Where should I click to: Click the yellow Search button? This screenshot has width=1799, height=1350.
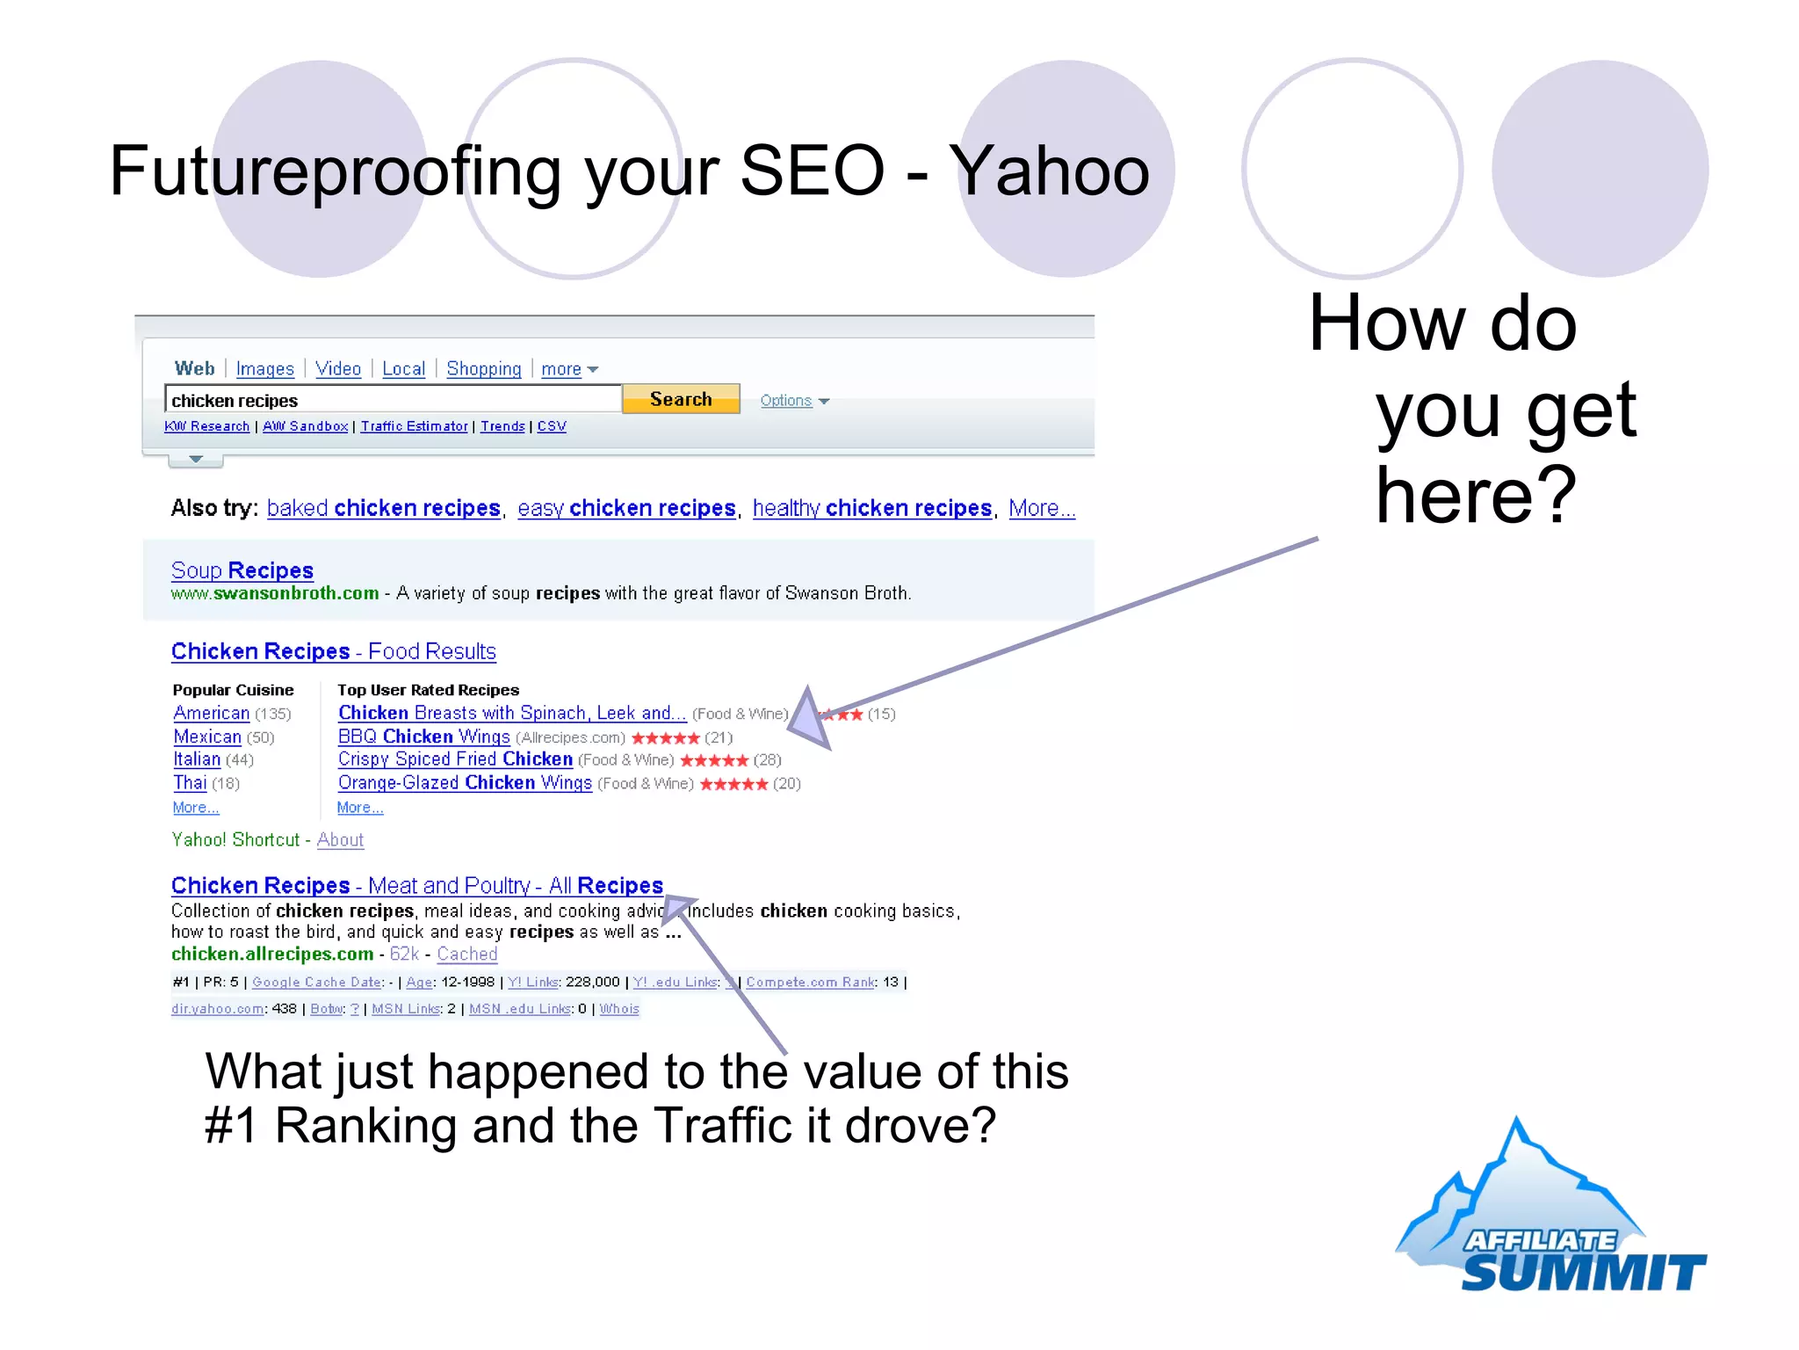(681, 399)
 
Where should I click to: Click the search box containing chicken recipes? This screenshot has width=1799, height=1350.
(393, 400)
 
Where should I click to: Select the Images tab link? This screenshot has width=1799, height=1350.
(264, 369)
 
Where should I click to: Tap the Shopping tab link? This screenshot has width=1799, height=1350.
(483, 369)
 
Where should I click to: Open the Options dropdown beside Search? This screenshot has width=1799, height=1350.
(793, 401)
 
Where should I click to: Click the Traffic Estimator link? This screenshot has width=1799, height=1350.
(414, 426)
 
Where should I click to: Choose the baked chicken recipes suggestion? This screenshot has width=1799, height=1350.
(383, 508)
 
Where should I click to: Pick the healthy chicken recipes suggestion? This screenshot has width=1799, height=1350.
(871, 508)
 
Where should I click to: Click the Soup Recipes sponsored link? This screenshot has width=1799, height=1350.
(242, 570)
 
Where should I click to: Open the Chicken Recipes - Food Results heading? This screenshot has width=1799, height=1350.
(334, 651)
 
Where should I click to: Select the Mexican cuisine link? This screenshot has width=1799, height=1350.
(207, 737)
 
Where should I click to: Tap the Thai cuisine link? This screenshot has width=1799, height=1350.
(190, 783)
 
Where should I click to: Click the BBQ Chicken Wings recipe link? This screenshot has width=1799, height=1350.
(423, 737)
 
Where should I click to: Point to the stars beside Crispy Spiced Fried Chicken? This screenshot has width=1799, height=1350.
(713, 760)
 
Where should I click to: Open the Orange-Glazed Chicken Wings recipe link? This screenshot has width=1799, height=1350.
(465, 783)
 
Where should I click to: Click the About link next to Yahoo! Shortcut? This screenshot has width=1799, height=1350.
(340, 839)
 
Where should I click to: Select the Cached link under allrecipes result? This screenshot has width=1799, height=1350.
(467, 954)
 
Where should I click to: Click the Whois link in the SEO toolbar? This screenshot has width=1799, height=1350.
(619, 1009)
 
